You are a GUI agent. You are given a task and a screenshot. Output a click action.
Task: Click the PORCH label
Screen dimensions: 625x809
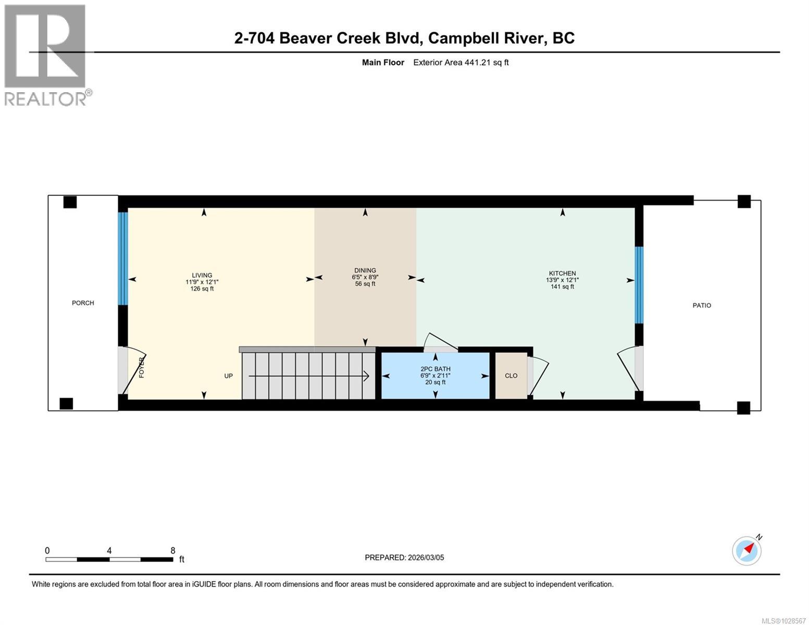pyautogui.click(x=83, y=303)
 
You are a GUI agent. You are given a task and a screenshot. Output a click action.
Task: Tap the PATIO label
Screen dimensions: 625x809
pyautogui.click(x=701, y=305)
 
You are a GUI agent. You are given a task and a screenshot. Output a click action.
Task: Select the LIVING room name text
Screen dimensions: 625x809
pyautogui.click(x=202, y=275)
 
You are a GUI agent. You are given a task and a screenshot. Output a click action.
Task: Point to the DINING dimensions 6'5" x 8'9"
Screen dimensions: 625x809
pyautogui.click(x=365, y=277)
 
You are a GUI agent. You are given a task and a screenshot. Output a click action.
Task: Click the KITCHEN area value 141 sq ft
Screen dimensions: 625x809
pyautogui.click(x=562, y=286)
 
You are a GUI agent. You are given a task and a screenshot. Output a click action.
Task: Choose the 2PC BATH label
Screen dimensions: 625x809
pyautogui.click(x=435, y=369)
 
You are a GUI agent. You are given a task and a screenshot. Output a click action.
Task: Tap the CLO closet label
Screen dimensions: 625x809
pyautogui.click(x=511, y=376)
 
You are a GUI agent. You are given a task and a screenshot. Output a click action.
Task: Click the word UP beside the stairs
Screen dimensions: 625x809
pyautogui.click(x=228, y=376)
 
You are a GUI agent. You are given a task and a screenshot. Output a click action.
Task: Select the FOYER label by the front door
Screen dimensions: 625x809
pyautogui.click(x=142, y=367)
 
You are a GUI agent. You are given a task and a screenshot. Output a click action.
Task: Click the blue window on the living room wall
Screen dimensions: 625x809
pyautogui.click(x=122, y=258)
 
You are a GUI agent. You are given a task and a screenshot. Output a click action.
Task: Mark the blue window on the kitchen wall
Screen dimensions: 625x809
pyautogui.click(x=639, y=284)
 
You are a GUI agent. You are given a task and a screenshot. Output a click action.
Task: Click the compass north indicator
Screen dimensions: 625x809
pyautogui.click(x=747, y=551)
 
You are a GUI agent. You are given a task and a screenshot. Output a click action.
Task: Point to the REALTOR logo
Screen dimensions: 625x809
pyautogui.click(x=45, y=55)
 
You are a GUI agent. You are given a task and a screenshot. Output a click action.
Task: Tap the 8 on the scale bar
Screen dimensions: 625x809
pyautogui.click(x=173, y=551)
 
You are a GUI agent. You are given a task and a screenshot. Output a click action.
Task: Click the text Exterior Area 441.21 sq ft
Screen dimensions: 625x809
pyautogui.click(x=460, y=63)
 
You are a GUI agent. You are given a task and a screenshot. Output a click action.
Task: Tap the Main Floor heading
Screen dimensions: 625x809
pyautogui.click(x=383, y=63)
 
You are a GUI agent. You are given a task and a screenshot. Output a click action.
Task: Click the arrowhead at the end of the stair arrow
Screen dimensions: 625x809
pyautogui.click(x=367, y=376)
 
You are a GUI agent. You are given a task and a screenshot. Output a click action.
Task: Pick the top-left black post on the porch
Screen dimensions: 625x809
pyautogui.click(x=70, y=202)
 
